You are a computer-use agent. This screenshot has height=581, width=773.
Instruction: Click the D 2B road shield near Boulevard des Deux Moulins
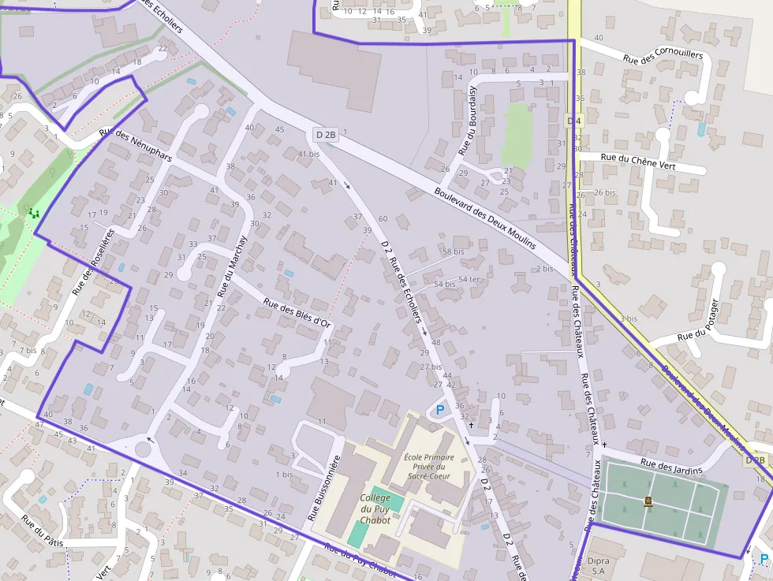(326, 135)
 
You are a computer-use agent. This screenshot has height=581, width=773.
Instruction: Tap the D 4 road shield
(574, 120)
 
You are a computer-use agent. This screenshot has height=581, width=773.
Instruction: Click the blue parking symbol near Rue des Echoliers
(439, 410)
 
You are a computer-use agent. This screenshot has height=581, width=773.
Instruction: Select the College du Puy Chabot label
(375, 508)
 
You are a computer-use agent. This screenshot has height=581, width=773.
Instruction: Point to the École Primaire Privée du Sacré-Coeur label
(428, 467)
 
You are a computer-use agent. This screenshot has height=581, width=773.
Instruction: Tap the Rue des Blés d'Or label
(297, 311)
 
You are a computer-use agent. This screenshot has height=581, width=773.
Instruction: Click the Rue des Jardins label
(671, 467)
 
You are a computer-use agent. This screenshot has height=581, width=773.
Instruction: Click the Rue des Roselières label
(93, 262)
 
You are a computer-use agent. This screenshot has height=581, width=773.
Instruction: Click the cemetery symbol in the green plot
(648, 501)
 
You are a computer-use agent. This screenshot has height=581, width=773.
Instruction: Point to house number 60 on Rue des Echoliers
(383, 218)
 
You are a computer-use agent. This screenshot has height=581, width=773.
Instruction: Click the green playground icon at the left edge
(32, 212)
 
